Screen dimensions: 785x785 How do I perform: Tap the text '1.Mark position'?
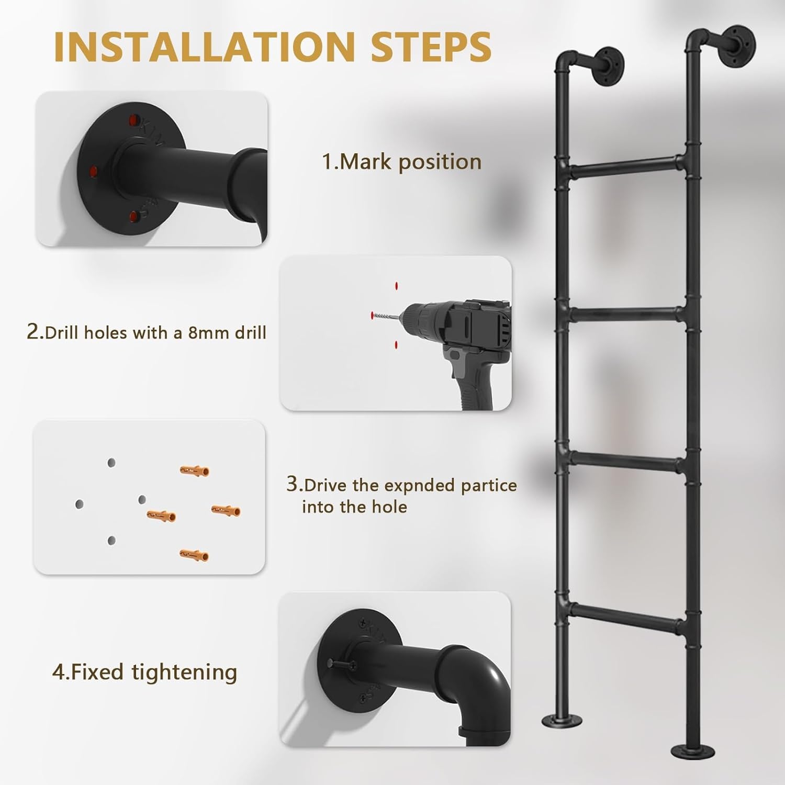[401, 162]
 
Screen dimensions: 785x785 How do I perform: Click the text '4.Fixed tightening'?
[144, 672]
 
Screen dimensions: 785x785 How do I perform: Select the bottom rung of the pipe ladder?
[627, 616]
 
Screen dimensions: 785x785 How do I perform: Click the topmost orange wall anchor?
[194, 470]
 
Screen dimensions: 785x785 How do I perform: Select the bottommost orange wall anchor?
[194, 554]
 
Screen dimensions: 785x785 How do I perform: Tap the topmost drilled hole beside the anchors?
[111, 463]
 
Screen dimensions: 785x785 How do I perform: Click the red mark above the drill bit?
[396, 286]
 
